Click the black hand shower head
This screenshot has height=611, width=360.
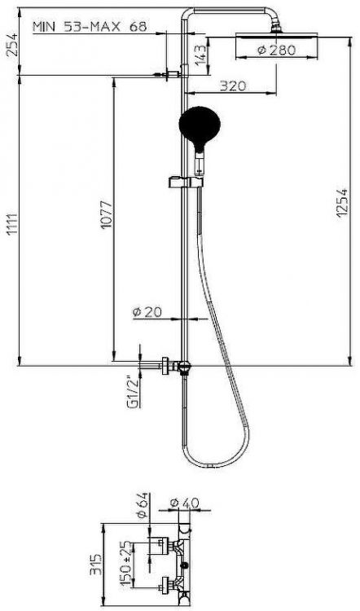(200, 125)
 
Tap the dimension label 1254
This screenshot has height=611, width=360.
(341, 203)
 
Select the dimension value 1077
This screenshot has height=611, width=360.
(107, 215)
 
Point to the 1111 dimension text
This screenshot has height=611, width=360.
(12, 225)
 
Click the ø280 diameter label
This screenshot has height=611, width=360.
(277, 50)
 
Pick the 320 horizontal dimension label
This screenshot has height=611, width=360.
(233, 86)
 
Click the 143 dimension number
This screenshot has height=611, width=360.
(200, 55)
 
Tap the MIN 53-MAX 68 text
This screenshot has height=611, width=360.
(90, 27)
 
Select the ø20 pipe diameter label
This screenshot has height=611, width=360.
(147, 312)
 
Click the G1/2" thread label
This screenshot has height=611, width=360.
(134, 393)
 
